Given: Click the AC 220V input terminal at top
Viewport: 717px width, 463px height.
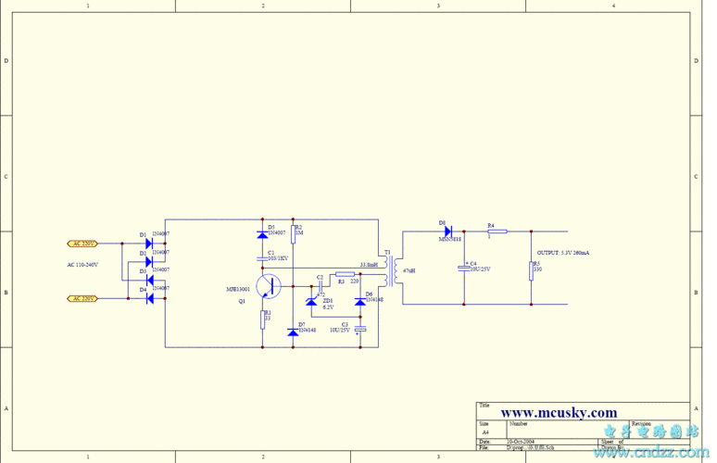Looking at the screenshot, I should click(82, 244).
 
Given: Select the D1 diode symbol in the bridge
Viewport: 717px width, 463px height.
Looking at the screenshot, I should click(148, 244).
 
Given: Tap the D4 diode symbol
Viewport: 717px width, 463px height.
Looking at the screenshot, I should click(148, 298).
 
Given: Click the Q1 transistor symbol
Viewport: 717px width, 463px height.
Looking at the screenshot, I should click(270, 286).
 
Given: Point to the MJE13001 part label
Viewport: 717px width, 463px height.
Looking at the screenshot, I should click(239, 289).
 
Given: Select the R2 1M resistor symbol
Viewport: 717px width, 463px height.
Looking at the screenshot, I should click(293, 231).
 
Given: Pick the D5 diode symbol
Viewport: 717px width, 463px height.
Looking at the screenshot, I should click(262, 235).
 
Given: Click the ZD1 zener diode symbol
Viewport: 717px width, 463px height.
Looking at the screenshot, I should click(311, 301).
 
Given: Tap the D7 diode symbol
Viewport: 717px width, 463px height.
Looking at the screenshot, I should click(293, 331).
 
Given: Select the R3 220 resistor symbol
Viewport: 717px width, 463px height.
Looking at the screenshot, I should click(344, 274).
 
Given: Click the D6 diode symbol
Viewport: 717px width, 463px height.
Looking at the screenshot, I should click(360, 302).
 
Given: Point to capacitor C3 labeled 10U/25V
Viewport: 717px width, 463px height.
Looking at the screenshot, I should click(360, 330).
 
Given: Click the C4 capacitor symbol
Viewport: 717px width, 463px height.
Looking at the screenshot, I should click(464, 268).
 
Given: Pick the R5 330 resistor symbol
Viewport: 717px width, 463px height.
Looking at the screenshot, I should click(532, 269).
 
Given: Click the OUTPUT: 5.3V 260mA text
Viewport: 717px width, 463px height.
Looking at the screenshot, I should click(563, 252).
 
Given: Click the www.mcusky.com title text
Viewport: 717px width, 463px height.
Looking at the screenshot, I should click(559, 413).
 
